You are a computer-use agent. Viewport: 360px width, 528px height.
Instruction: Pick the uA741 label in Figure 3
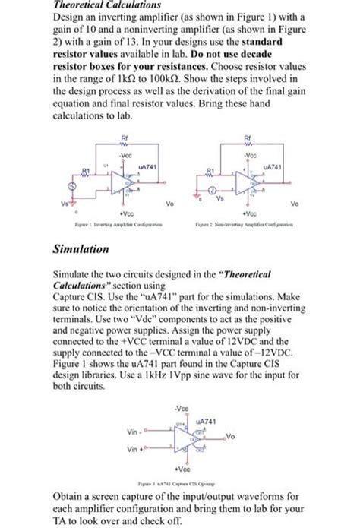207,420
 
